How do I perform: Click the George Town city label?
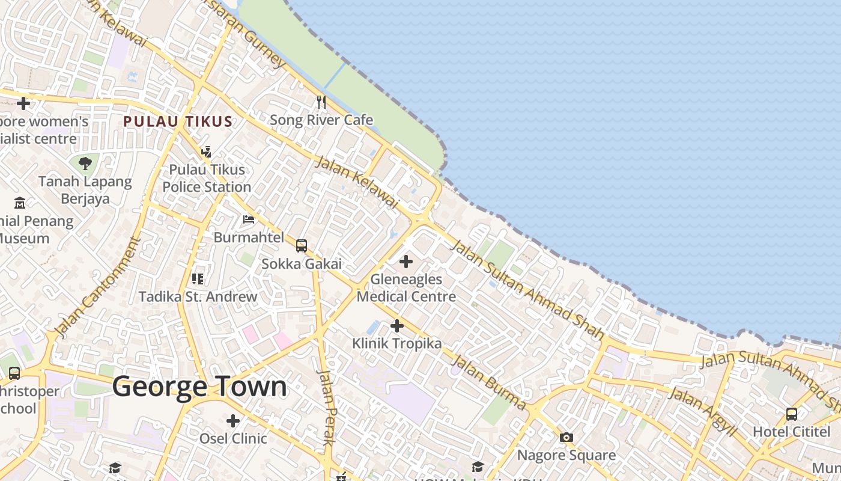(x=199, y=387)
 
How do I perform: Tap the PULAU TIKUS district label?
(x=178, y=121)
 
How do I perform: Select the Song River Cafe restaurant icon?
(x=321, y=102)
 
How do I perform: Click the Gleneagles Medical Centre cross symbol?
(x=406, y=262)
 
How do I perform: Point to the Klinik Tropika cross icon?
(x=396, y=326)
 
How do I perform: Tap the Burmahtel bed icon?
(x=249, y=219)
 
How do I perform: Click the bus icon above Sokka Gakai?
(x=302, y=246)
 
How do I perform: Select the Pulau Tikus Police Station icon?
(x=207, y=152)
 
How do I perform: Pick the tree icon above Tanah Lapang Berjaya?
(x=85, y=163)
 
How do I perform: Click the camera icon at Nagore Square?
(x=566, y=437)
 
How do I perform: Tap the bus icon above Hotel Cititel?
(x=792, y=414)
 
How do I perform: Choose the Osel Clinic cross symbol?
(x=233, y=421)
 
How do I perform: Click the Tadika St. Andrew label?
(x=198, y=296)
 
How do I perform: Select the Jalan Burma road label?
(x=488, y=382)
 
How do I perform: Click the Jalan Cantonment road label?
(x=97, y=287)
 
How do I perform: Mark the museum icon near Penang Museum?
(x=20, y=203)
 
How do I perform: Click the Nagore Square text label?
(x=566, y=455)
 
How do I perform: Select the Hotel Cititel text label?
(x=791, y=432)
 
